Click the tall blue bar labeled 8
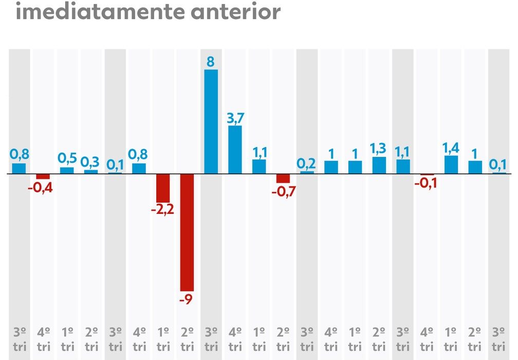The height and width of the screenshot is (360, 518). (211, 121)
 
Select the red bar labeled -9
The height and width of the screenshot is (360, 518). (187, 232)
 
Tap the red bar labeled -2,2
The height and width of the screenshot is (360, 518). (163, 188)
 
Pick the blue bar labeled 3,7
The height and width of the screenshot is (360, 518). (235, 150)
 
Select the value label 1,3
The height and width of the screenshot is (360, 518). (379, 150)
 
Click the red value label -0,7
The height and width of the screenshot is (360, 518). (283, 192)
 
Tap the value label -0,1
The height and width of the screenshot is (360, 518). (427, 183)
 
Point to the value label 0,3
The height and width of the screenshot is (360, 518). (91, 162)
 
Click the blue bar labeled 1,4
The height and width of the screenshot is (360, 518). (451, 165)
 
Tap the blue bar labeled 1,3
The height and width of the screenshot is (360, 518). (379, 166)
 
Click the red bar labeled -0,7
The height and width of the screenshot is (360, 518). (283, 178)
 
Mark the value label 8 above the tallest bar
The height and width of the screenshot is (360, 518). (211, 62)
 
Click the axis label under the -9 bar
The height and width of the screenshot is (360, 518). (187, 338)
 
